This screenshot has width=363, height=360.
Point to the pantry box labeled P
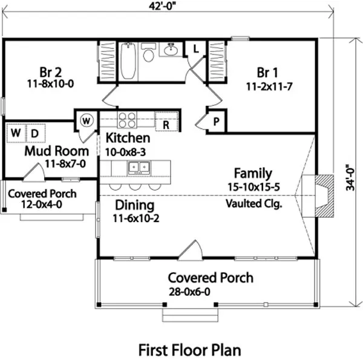coord(215,122)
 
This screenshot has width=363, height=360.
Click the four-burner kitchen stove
coord(127,119)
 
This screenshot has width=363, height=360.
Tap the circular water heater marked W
coord(87,120)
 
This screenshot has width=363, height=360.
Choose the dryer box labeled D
coord(34,133)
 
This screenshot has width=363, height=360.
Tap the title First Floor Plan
coord(189,349)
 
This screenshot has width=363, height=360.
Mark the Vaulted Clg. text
coord(254,203)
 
